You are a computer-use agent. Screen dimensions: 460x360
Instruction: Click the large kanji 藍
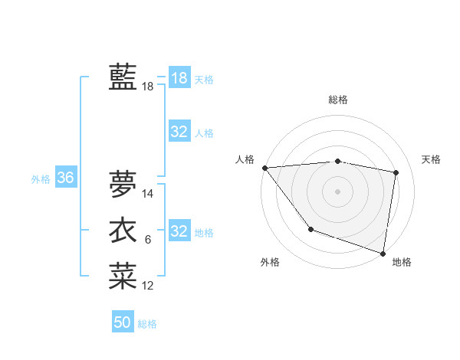123,77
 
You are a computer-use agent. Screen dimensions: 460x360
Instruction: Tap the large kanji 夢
123,184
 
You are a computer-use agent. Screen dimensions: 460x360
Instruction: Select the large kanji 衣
123,231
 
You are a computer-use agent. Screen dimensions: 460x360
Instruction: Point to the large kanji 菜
123,277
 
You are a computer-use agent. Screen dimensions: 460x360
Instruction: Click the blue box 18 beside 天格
179,78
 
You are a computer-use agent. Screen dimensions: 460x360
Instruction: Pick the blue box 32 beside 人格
179,132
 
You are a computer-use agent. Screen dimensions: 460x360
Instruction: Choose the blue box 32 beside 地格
179,231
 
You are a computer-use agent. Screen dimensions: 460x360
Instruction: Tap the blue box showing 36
65,178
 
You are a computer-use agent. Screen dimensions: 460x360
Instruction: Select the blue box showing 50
123,322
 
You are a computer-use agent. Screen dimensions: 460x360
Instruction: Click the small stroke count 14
148,194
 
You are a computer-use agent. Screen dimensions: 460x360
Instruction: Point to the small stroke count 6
148,241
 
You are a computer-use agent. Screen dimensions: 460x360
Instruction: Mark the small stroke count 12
148,286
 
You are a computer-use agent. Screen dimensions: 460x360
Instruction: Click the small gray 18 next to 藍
148,87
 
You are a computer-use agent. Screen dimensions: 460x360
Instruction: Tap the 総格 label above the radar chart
338,100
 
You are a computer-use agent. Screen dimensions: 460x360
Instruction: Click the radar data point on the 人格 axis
264,168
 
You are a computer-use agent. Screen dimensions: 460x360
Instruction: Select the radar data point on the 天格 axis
396,172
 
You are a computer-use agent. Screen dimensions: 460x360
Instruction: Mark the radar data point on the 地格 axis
382,252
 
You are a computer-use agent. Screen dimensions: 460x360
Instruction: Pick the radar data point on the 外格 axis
310,229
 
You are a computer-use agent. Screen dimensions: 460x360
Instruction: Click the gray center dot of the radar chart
338,191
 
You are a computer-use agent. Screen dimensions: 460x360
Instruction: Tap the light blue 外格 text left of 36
41,179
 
